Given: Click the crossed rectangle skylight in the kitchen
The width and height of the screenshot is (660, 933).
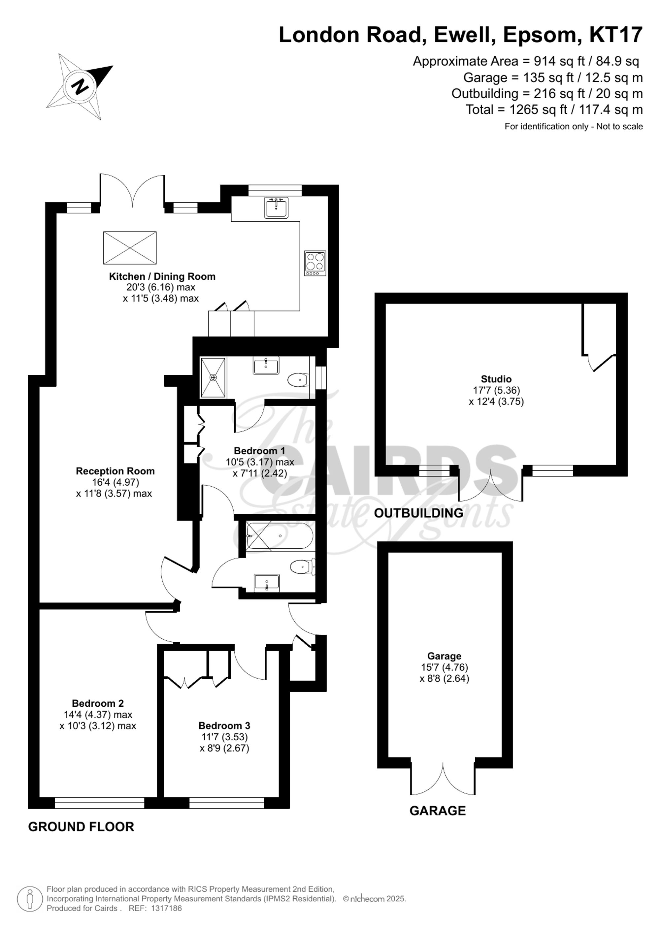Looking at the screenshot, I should [x=130, y=247].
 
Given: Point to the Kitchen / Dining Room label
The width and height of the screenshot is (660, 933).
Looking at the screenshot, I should [x=162, y=276].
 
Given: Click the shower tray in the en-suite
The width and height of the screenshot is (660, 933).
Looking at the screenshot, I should [x=213, y=377].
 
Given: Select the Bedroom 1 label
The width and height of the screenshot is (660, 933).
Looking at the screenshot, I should [x=259, y=451].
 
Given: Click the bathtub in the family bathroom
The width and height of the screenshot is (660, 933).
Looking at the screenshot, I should [x=280, y=536].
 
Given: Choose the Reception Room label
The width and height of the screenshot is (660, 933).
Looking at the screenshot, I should [x=115, y=471].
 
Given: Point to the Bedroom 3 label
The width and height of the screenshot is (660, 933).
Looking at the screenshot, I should [x=224, y=737].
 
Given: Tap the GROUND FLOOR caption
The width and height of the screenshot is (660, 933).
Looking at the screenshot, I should [x=81, y=827].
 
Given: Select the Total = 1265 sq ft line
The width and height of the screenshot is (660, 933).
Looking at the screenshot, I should [x=554, y=110].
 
